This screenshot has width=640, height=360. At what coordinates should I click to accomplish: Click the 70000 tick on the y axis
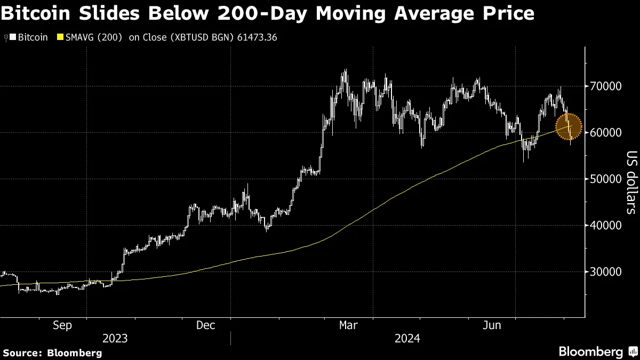[x=606, y=86]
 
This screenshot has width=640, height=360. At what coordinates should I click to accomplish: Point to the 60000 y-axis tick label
[x=606, y=133]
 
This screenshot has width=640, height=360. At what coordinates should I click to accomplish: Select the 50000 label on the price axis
[x=606, y=179]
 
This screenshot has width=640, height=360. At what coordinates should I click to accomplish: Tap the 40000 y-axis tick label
[x=606, y=226]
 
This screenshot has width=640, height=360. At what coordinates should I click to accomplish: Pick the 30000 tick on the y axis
[x=606, y=272]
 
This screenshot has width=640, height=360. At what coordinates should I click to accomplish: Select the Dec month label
[x=206, y=325]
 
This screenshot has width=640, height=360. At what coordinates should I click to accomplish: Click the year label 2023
[x=115, y=338]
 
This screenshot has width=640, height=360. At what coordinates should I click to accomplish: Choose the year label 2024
[x=407, y=338]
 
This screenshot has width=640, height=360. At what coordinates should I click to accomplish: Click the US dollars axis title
[x=631, y=181]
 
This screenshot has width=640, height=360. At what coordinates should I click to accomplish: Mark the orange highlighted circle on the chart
[x=569, y=126]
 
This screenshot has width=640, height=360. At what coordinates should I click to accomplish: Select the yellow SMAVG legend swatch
[x=60, y=37]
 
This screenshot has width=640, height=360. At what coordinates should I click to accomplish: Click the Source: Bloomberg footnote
[x=52, y=353]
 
